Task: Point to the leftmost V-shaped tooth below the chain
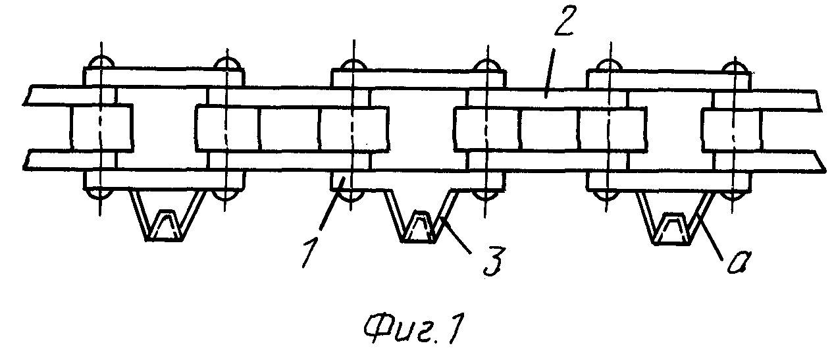pyautogui.click(x=167, y=217)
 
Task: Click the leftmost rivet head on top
pyautogui.click(x=101, y=62)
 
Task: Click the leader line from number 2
pyautogui.click(x=548, y=73)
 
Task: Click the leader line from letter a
pyautogui.click(x=711, y=238)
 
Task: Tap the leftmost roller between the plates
pyautogui.click(x=101, y=128)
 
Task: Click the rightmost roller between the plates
pyautogui.click(x=731, y=130)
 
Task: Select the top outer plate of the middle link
pyautogui.click(x=418, y=78)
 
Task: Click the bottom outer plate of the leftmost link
pyautogui.click(x=163, y=180)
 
